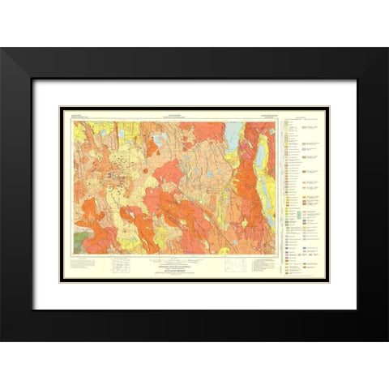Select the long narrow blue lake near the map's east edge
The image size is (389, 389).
[x=260, y=170]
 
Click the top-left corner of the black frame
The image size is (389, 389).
[x=2, y=49]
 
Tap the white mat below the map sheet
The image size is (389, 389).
[x=194, y=296]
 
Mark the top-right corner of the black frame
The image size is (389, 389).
[x=387, y=49]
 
